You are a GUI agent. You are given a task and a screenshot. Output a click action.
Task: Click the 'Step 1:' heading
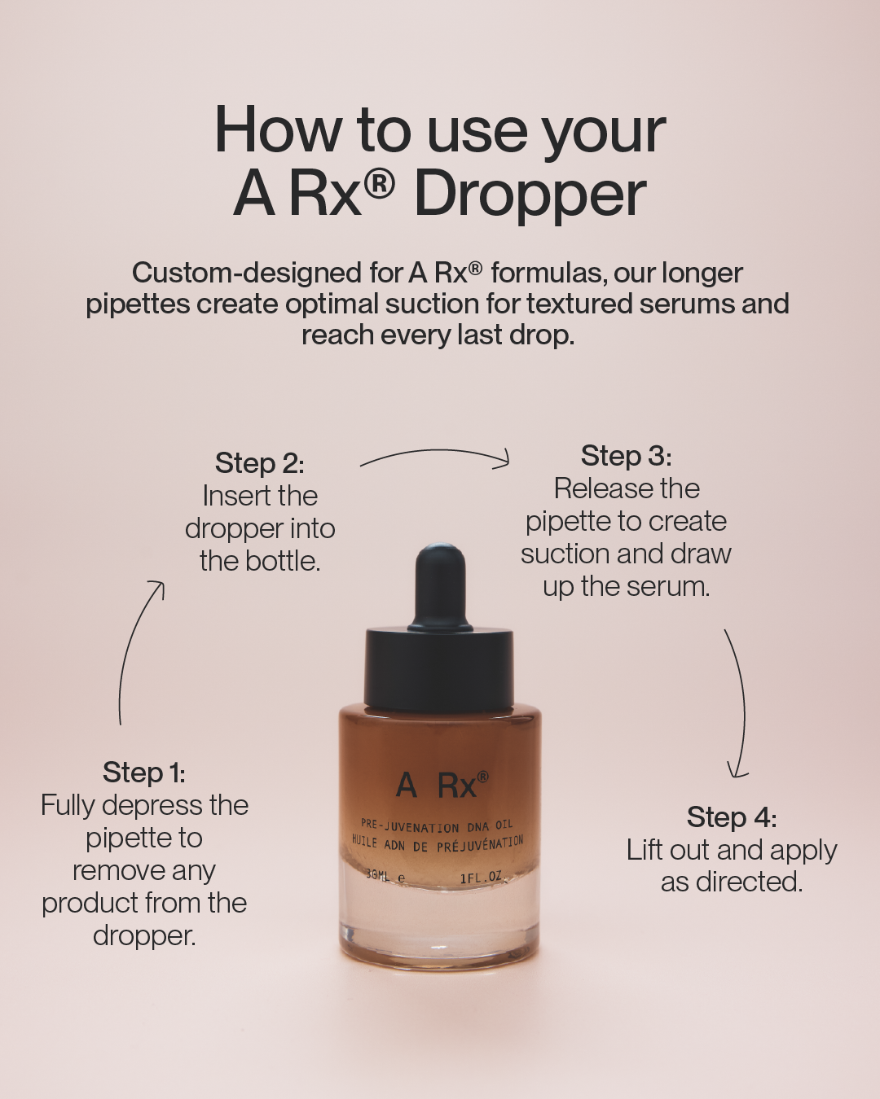(143, 773)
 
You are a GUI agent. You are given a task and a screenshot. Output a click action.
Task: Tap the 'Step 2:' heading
(259, 463)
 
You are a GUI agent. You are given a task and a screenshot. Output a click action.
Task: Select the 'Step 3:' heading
(626, 456)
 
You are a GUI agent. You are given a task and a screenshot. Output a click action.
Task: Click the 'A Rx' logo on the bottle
(442, 785)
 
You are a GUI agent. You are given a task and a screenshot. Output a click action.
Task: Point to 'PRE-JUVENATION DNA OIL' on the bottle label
(437, 825)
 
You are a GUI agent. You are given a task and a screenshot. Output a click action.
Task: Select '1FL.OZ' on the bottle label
(482, 878)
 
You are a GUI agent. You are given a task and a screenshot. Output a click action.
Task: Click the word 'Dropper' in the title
(530, 195)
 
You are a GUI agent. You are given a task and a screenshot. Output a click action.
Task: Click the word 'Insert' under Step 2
(231, 496)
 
